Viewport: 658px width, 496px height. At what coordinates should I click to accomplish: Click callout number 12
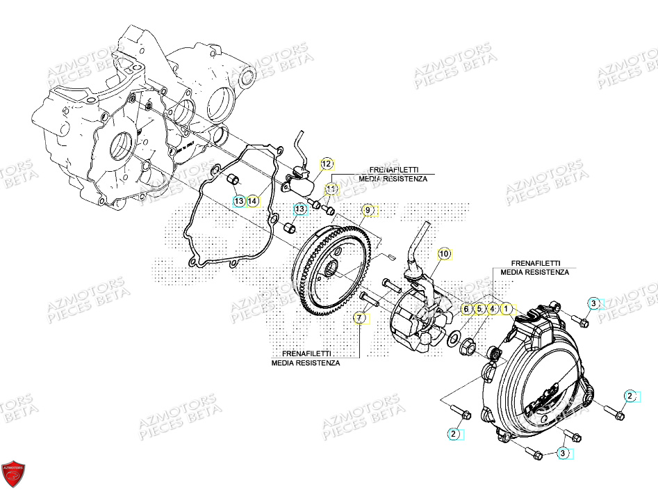pos(327,164)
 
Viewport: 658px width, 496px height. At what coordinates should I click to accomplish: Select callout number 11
pos(331,189)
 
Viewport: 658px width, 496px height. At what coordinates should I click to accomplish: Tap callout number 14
pos(253,201)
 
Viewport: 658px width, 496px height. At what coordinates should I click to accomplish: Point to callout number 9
pos(368,209)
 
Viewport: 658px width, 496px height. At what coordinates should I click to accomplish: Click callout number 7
pos(359,318)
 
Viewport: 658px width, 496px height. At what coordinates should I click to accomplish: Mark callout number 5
pos(479,308)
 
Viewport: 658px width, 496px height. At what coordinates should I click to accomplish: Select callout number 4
pos(492,308)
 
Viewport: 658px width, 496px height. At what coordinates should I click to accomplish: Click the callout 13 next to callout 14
pos(238,201)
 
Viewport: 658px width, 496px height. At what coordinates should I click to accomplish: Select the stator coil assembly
pos(417,323)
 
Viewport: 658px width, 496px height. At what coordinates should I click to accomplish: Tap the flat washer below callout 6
pos(454,339)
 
